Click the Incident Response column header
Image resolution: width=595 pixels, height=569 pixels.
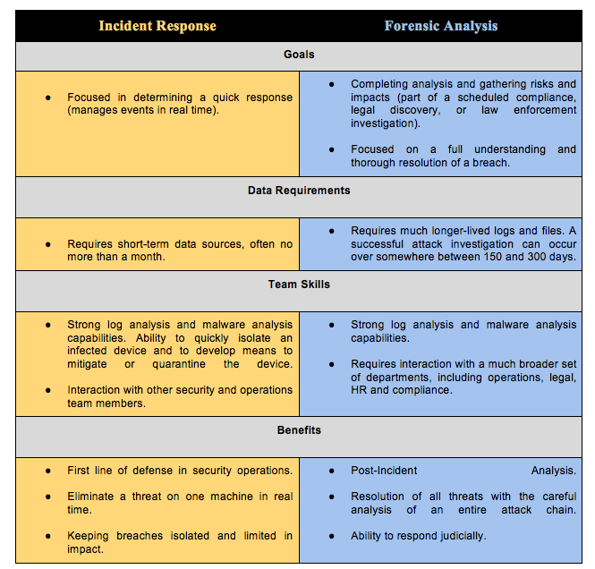(157, 26)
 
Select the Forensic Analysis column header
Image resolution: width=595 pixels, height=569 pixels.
(441, 26)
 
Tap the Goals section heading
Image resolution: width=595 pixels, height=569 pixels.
(299, 55)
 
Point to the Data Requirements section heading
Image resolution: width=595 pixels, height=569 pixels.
(299, 191)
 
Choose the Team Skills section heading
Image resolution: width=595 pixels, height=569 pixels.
(299, 284)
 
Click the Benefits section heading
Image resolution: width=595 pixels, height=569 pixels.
(299, 430)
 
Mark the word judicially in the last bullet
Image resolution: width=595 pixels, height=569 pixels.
(455, 536)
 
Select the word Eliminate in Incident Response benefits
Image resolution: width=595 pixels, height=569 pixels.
(92, 497)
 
